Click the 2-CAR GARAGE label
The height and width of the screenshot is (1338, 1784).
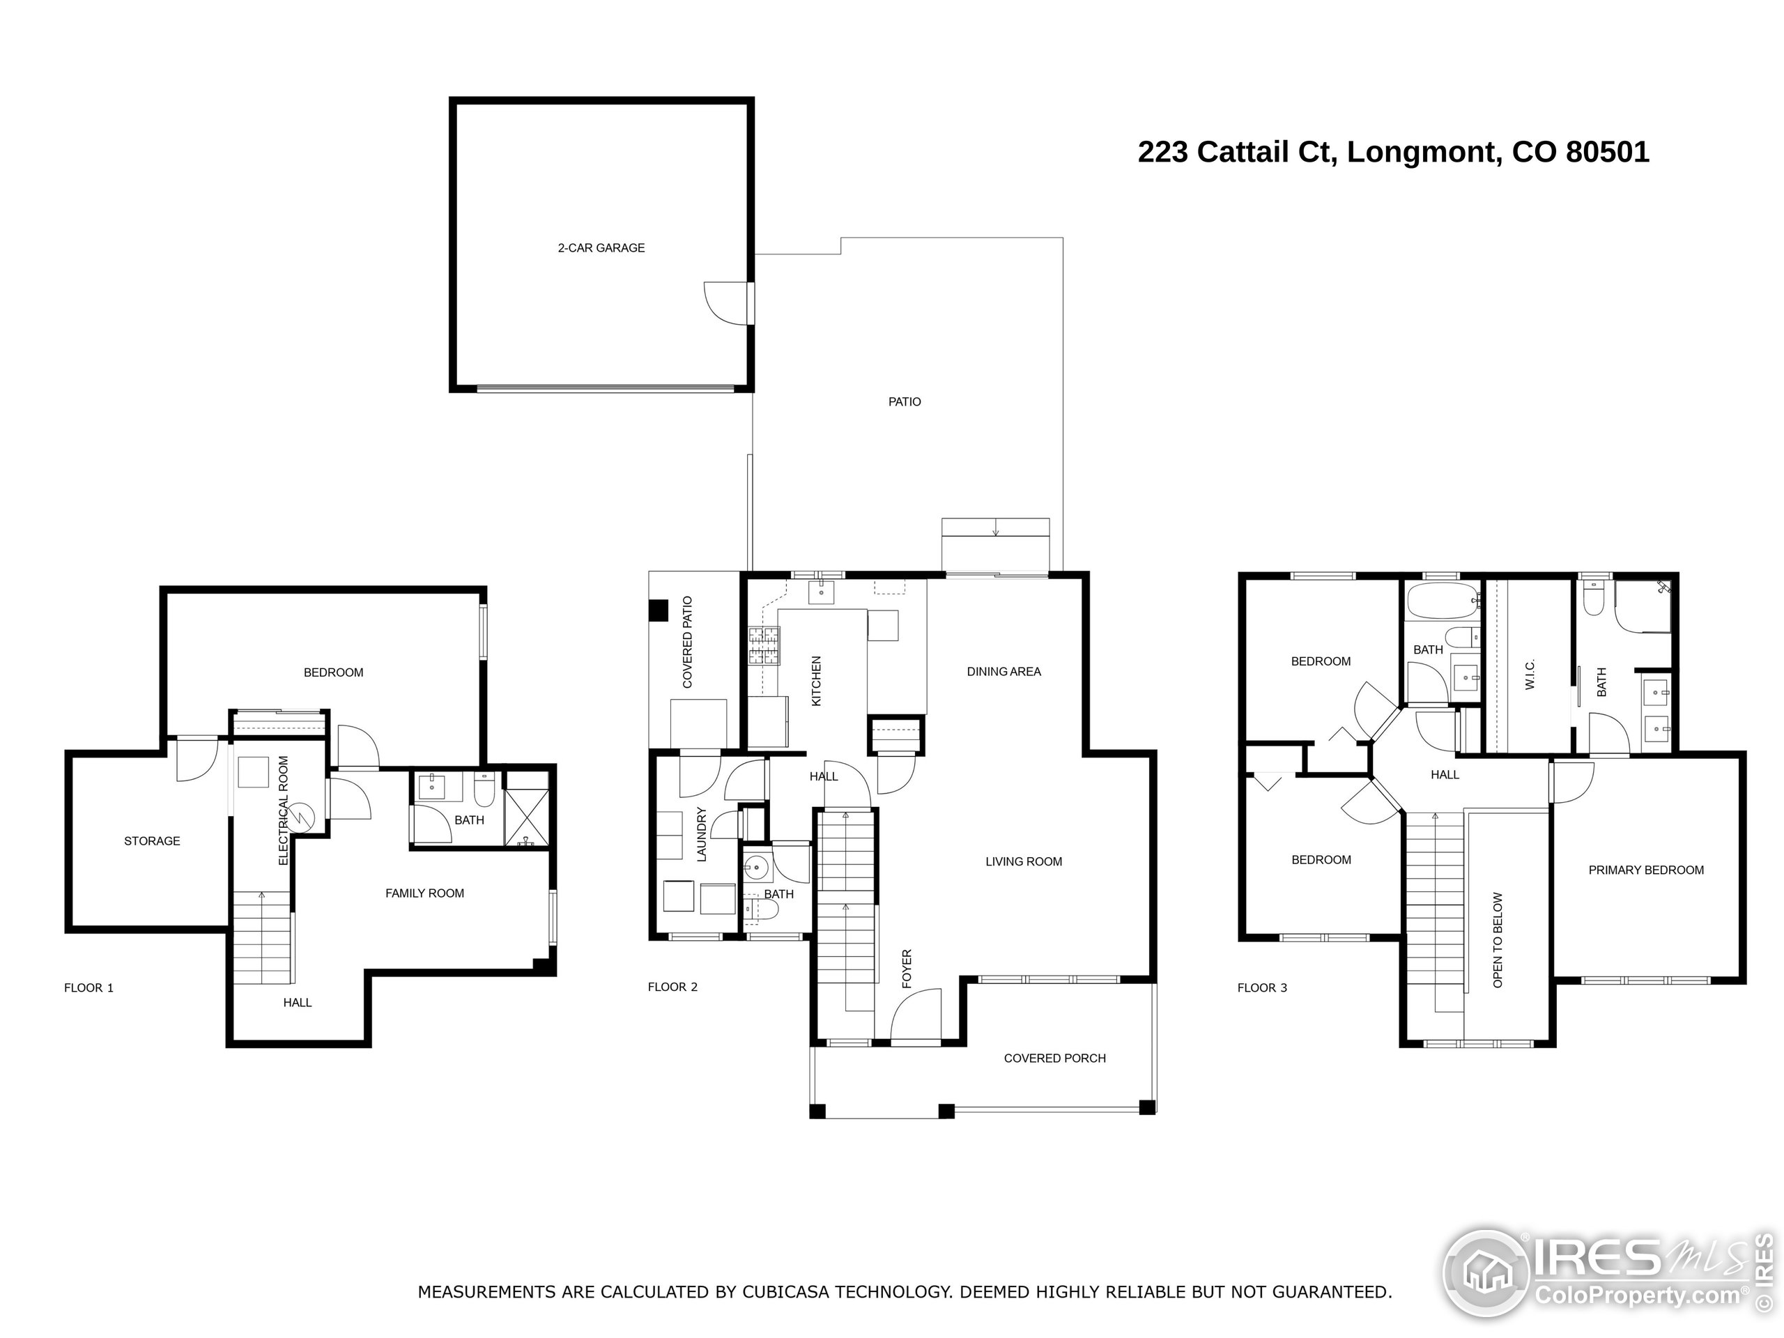click(x=601, y=247)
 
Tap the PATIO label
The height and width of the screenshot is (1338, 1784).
click(x=904, y=401)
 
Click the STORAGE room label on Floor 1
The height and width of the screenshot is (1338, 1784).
click(x=152, y=841)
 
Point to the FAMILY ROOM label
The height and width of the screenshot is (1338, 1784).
click(x=424, y=893)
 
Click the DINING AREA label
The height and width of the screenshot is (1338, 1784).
click(x=1003, y=671)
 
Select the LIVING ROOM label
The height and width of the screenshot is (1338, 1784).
click(x=1024, y=861)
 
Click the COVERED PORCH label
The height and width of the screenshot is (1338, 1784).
click(x=1054, y=1058)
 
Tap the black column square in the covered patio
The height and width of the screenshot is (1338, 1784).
click(x=659, y=610)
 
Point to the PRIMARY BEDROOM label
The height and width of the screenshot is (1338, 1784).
click(x=1645, y=870)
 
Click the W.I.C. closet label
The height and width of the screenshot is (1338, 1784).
click(x=1530, y=675)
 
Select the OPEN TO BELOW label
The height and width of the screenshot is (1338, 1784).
click(x=1498, y=939)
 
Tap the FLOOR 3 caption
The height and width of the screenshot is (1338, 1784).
click(x=1262, y=988)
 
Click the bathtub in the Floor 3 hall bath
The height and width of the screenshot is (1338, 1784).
click(x=1441, y=601)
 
